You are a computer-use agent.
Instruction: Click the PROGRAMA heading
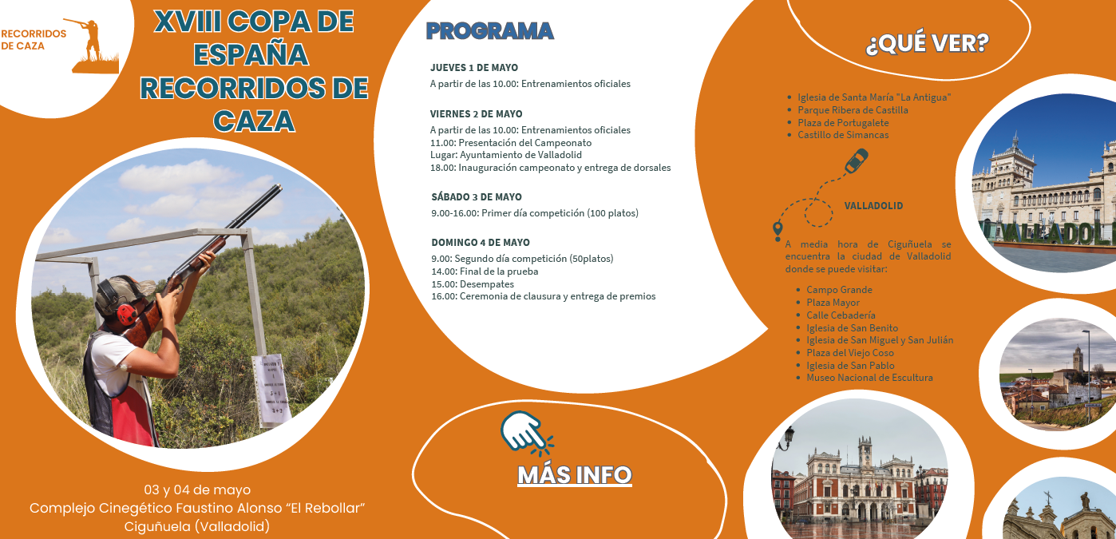pyautogui.click(x=489, y=31)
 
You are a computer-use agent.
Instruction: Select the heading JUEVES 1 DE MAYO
pyautogui.click(x=474, y=68)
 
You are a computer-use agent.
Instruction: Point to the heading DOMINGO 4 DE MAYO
pyautogui.click(x=481, y=243)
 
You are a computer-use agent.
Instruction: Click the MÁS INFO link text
pyautogui.click(x=575, y=475)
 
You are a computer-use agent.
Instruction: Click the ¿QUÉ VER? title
pyautogui.click(x=927, y=43)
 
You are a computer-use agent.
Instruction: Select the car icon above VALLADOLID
pyautogui.click(x=857, y=161)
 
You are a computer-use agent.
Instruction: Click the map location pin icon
pyautogui.click(x=778, y=230)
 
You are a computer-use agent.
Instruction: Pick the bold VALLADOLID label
pyautogui.click(x=873, y=206)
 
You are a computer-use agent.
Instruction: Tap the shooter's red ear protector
pyautogui.click(x=127, y=313)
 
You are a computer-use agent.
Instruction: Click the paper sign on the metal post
pyautogui.click(x=272, y=390)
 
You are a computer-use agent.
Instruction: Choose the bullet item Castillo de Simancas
pyautogui.click(x=842, y=135)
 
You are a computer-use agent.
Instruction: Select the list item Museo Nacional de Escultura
pyautogui.click(x=869, y=378)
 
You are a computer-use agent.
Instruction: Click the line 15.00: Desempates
pyautogui.click(x=473, y=284)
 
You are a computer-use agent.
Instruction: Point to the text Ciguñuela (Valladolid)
pyautogui.click(x=197, y=526)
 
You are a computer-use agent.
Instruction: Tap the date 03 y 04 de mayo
pyautogui.click(x=197, y=489)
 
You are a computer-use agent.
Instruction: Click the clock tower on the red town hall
pyautogui.click(x=865, y=454)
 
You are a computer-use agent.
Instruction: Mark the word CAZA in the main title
pyautogui.click(x=254, y=121)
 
